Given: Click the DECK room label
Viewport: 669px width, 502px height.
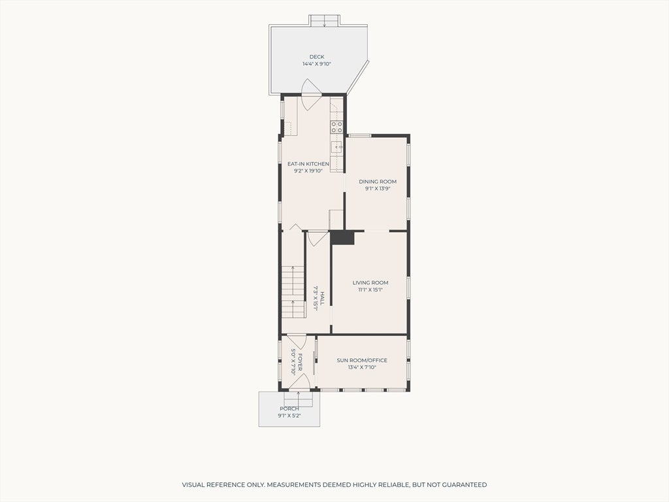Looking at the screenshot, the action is coord(317,57).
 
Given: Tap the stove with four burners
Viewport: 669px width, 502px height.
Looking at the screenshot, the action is coord(336,127).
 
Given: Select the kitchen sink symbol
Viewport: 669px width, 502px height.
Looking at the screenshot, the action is coord(337,147).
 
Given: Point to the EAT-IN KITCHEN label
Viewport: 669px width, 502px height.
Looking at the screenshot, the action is coord(308,164).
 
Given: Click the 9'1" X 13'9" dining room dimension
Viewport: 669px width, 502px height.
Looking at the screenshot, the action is coord(378,188).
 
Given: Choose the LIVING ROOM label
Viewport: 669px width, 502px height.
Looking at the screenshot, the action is coord(370,282).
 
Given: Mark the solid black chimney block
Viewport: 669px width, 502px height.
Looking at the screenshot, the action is coord(342,238).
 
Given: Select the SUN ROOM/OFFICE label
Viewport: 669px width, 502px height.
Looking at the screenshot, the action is coord(362,360).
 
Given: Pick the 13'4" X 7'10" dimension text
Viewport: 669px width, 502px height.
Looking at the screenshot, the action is coord(362,367).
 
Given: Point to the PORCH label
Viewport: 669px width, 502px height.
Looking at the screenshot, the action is coord(289,409).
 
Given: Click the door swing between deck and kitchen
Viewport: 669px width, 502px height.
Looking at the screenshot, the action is coord(310,94).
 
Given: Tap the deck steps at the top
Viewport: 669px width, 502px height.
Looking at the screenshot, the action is coord(325,20).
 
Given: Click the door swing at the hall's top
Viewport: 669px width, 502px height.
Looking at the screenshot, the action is coord(318,239).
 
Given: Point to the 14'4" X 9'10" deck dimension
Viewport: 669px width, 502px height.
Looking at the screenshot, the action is coord(317,64).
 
